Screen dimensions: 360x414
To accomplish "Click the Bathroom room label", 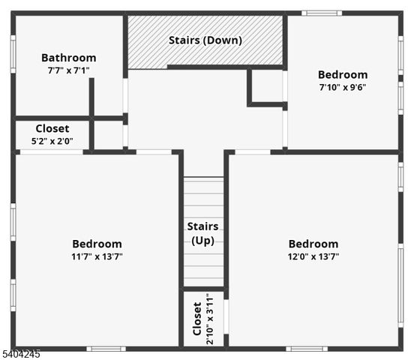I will [x=68, y=58].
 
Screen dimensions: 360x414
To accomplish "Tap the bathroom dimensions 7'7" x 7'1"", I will [x=68, y=70].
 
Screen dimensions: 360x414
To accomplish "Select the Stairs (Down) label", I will [x=205, y=40].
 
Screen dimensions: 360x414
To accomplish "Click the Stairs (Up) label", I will [x=202, y=233].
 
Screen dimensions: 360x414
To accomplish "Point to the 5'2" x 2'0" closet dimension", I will [x=52, y=141].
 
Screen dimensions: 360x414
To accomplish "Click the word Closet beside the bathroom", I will [x=52, y=129].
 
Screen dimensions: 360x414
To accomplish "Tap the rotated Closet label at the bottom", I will [x=197, y=319].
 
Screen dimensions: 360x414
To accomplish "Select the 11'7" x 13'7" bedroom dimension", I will [x=97, y=256].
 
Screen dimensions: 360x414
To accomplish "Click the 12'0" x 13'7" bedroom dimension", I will [x=313, y=256].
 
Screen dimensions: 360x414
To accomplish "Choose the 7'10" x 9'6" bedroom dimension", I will [x=342, y=87].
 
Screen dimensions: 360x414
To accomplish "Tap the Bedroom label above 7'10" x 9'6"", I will [x=342, y=75].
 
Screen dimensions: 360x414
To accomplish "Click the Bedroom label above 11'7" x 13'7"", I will [x=97, y=244].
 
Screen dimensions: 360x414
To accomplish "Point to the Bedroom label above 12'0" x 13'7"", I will [x=313, y=244].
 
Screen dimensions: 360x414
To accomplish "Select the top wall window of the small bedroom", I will [x=322, y=13].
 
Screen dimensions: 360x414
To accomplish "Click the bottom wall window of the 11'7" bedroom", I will [x=105, y=348].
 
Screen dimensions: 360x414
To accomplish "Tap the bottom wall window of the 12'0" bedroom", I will [x=306, y=348].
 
